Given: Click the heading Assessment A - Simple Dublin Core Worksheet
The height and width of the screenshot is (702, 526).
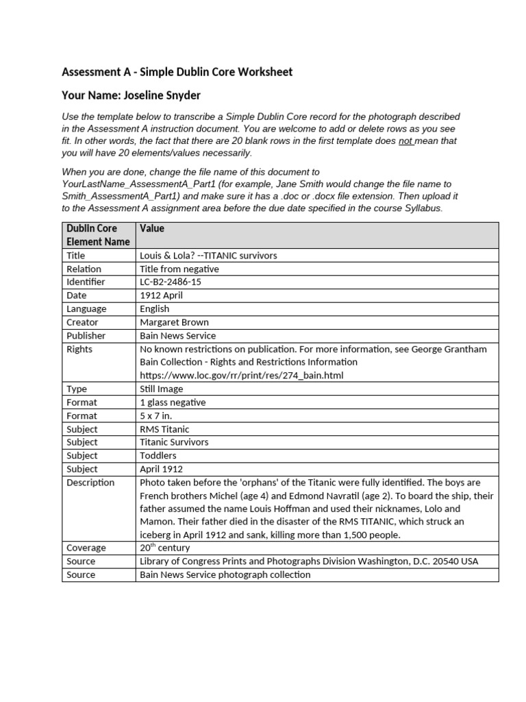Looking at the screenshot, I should [x=177, y=72].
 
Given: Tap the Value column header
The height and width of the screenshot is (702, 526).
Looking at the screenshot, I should [x=152, y=228].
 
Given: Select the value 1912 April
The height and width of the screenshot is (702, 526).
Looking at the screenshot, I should [x=161, y=295].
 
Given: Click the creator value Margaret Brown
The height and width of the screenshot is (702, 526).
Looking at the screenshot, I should [x=174, y=322].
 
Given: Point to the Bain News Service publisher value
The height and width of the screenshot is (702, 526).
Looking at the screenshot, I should [x=177, y=336].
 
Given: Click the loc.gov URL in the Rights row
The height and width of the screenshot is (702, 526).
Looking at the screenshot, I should [x=241, y=375].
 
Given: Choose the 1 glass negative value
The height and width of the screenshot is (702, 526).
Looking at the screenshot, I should [x=172, y=402].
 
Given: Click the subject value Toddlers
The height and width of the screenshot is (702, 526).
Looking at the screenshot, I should [x=158, y=455].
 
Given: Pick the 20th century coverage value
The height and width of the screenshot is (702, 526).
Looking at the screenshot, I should [x=164, y=548].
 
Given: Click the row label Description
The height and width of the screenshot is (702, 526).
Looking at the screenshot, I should [x=90, y=482].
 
